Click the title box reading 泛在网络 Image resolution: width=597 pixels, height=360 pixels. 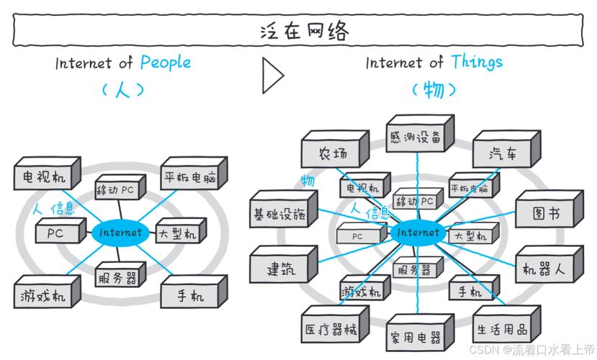[x=298, y=31]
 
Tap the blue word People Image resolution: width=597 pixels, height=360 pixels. [x=166, y=63]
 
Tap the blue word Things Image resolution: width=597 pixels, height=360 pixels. [x=477, y=62]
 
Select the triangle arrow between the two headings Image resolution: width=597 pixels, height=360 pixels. [x=271, y=75]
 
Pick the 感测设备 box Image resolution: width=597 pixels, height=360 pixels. [x=416, y=137]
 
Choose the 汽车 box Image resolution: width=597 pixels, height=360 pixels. [x=503, y=153]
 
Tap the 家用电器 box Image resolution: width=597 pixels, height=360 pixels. [x=416, y=336]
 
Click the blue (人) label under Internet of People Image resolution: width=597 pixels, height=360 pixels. [x=122, y=90]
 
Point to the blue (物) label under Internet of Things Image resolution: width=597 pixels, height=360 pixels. [x=434, y=90]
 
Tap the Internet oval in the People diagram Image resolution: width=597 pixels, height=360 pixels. [x=120, y=233]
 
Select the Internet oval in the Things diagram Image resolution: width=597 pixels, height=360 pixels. [x=417, y=233]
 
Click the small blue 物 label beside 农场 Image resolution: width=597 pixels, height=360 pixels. [x=308, y=180]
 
